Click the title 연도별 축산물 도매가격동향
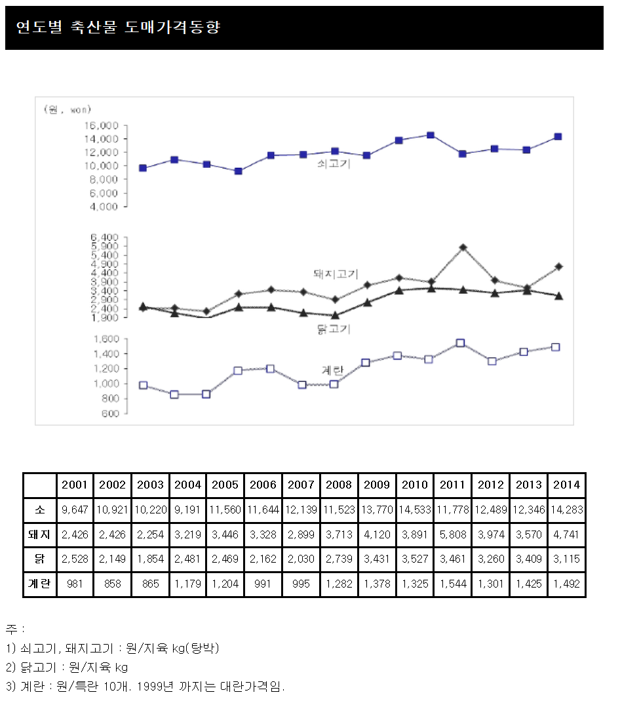point(118,27)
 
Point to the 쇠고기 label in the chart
point(334,164)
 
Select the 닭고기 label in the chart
point(334,329)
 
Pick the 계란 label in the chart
point(332,370)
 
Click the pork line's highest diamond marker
point(463,247)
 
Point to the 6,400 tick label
point(106,237)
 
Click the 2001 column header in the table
point(75,485)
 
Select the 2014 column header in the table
point(566,485)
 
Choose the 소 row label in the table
point(39,510)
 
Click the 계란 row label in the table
point(39,584)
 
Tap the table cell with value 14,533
point(414,510)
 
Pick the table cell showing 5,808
point(452,534)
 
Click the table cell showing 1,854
point(150,559)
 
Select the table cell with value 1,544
point(452,584)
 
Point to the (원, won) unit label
point(67,109)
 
